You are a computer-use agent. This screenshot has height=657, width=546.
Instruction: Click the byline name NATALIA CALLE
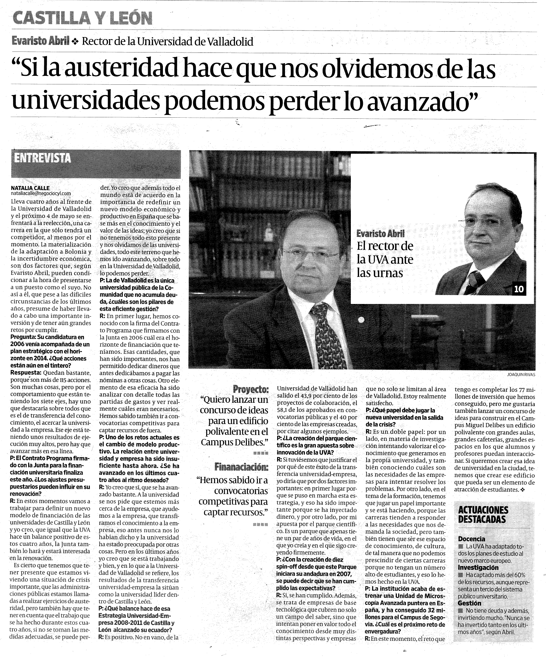point(30,188)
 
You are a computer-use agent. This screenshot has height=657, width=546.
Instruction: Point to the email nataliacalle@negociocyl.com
point(41,193)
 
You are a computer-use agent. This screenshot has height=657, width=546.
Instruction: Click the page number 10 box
point(519,289)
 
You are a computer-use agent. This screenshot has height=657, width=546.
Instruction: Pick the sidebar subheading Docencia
point(472,539)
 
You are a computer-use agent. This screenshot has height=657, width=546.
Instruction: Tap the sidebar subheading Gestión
point(470,603)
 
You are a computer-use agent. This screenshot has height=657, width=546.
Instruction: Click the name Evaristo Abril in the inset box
point(380,234)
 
